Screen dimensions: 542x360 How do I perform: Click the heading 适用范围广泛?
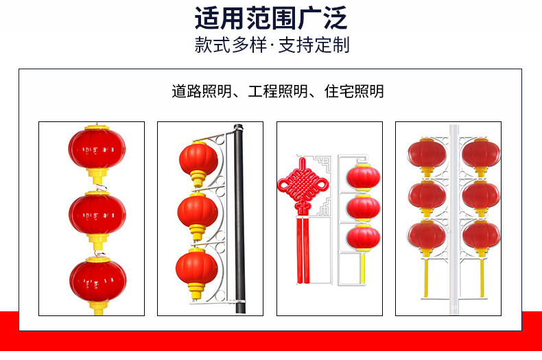click(x=270, y=17)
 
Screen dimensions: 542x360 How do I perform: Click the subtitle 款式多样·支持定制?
click(x=272, y=46)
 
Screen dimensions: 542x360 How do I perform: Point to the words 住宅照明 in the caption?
click(x=354, y=91)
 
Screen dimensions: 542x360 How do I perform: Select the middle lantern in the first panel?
click(x=97, y=213)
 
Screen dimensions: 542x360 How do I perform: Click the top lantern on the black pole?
click(x=198, y=158)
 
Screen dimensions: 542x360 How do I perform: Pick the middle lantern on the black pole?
click(x=198, y=212)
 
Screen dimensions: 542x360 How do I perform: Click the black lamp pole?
click(x=239, y=219)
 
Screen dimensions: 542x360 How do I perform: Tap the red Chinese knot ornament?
click(x=302, y=184)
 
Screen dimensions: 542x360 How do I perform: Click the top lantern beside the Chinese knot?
click(x=363, y=176)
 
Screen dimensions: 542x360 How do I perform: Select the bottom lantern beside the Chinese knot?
click(x=363, y=237)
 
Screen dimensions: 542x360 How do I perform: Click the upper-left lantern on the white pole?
click(x=427, y=154)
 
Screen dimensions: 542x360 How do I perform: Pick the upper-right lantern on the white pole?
click(x=481, y=154)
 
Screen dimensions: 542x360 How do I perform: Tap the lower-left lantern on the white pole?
click(x=427, y=235)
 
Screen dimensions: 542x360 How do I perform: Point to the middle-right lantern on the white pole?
click(x=481, y=195)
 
